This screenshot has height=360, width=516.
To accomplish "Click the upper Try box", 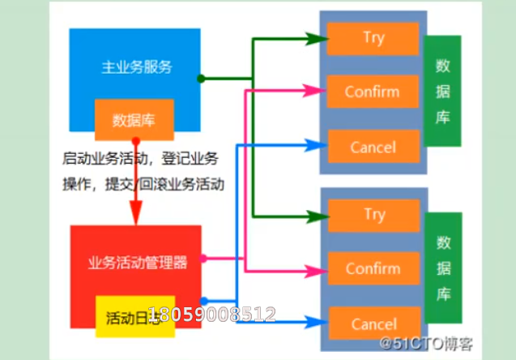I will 373,38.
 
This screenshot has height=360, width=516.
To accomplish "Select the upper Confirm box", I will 373,92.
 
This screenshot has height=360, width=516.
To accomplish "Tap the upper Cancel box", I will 373,147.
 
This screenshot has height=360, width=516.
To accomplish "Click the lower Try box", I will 374,215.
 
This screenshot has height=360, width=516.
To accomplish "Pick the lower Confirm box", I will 373,268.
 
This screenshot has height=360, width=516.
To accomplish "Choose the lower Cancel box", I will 374,324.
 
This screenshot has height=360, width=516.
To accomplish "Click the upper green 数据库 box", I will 442,91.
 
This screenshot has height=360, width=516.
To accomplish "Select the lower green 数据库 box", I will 443,268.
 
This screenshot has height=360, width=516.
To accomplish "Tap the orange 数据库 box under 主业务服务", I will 134,120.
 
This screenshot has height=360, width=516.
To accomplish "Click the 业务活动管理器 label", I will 137,263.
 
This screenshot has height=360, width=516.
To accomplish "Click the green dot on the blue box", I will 201,79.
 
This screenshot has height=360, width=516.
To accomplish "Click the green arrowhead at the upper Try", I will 313,38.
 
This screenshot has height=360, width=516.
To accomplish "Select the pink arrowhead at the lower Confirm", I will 313,268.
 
